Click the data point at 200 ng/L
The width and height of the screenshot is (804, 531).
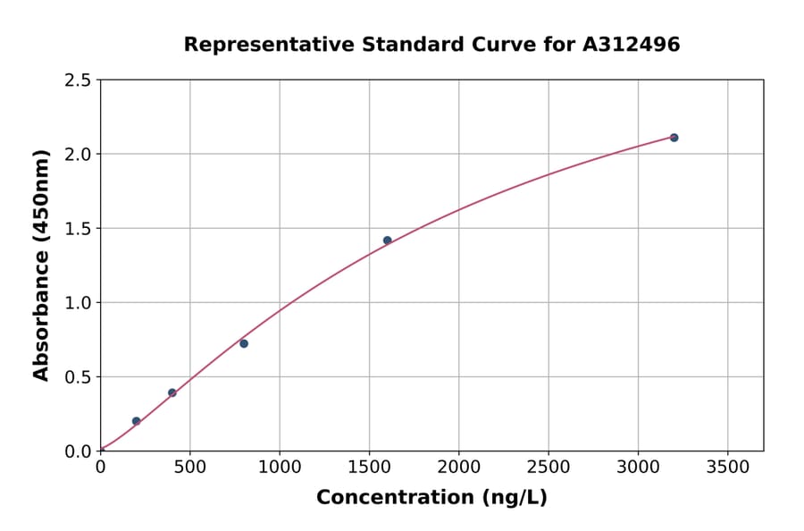pos(136,421)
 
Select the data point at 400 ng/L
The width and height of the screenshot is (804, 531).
pos(172,392)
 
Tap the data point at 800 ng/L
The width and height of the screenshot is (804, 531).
pos(244,343)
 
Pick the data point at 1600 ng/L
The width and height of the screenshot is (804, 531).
pos(387,240)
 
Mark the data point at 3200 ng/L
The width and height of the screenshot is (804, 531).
pos(674,138)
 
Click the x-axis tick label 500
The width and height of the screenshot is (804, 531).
pos(189,467)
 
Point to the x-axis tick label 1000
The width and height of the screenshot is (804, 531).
pos(279,467)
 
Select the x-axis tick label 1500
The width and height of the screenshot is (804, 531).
pos(369,467)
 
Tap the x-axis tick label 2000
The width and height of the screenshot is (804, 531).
pos(458,467)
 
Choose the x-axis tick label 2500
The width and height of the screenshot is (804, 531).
pos(549,467)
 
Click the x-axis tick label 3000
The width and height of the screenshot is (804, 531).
pos(638,467)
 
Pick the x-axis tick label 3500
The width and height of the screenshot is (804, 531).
pos(727,467)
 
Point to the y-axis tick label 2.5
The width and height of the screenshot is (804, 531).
pos(78,80)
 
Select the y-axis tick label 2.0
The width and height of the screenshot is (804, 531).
pos(78,155)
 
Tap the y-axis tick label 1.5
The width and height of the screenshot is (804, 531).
pos(78,229)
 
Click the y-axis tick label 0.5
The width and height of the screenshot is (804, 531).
pos(78,377)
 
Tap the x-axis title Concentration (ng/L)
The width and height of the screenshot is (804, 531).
pos(431,497)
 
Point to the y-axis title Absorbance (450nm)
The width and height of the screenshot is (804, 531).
pos(41,265)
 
